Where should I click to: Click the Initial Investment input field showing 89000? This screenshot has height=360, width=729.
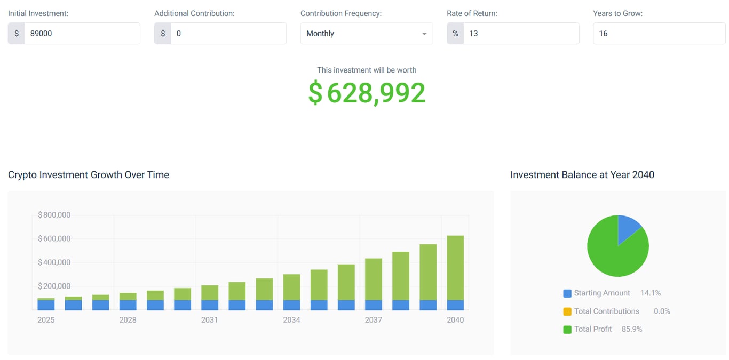[82, 33]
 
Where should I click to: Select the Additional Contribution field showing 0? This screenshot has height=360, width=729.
[228, 33]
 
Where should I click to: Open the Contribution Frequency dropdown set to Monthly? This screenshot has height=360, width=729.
[366, 33]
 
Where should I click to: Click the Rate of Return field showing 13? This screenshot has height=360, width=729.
[520, 33]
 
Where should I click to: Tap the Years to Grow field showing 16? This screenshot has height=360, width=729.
[659, 33]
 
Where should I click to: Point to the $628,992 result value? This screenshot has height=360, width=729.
[367, 93]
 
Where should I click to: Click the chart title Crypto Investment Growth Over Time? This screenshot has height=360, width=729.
[89, 175]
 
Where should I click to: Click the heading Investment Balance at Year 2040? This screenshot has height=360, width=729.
[582, 175]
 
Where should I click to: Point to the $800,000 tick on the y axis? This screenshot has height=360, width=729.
[54, 215]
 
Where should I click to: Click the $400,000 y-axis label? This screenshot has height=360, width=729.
[54, 262]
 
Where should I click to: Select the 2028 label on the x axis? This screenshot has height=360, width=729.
[128, 320]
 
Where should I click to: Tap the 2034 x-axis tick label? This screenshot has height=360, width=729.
[291, 320]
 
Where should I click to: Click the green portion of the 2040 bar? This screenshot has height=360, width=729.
[455, 267]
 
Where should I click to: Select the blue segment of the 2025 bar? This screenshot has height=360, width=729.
[46, 305]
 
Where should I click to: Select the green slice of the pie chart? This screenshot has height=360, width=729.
[614, 253]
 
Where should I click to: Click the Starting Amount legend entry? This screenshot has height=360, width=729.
[601, 293]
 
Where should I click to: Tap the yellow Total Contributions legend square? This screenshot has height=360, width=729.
[567, 311]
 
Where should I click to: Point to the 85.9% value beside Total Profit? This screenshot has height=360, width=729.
[632, 330]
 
